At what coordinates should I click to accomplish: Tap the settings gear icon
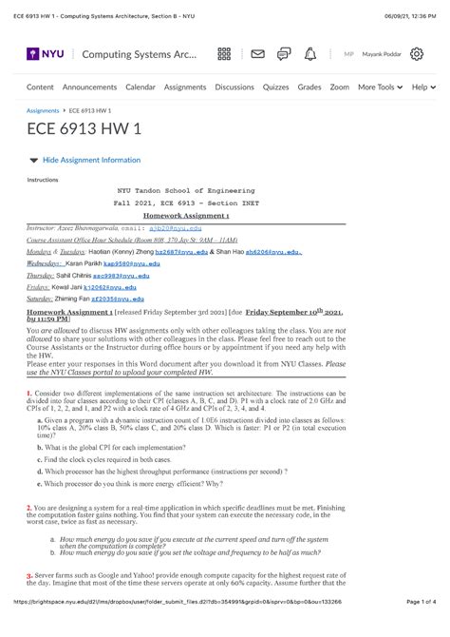[416, 54]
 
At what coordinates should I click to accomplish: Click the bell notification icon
[309, 54]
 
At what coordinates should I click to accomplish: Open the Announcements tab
[89, 87]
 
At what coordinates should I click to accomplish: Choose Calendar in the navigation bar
[141, 87]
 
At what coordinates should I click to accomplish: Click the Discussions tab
[234, 87]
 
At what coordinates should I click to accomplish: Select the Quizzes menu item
[275, 87]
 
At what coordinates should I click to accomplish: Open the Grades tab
[309, 87]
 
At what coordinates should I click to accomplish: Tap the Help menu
[423, 87]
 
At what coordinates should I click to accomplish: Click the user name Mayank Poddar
[379, 54]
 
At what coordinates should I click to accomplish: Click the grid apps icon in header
[224, 54]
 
